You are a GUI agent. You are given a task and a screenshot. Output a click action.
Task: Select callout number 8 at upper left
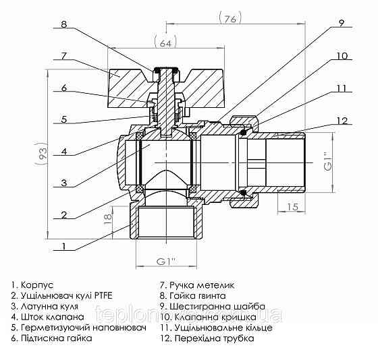[64, 25]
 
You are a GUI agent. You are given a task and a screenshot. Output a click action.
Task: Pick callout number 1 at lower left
[63, 247]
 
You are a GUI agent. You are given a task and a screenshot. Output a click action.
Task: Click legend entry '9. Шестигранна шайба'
[212, 306]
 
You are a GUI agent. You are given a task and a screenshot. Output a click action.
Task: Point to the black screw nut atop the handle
[165, 69]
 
